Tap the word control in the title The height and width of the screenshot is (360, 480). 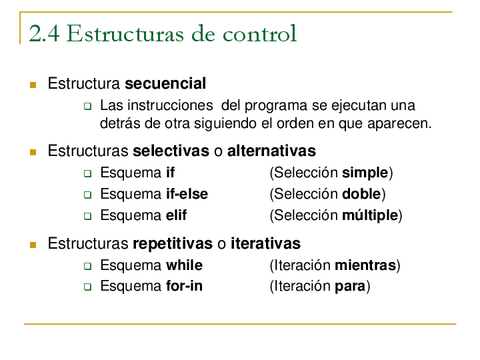(263, 34)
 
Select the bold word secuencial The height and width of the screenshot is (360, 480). (166, 83)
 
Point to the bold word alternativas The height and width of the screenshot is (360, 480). (272, 151)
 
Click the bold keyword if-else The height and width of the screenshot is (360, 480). (187, 194)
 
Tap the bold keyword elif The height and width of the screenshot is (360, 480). (178, 215)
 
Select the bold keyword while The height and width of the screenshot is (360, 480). (184, 265)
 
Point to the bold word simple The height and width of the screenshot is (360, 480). (365, 173)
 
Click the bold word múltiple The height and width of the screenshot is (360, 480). (370, 215)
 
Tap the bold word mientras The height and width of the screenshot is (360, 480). (366, 265)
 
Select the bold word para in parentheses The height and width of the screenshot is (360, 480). (351, 286)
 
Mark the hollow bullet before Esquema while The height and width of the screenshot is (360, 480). (87, 266)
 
